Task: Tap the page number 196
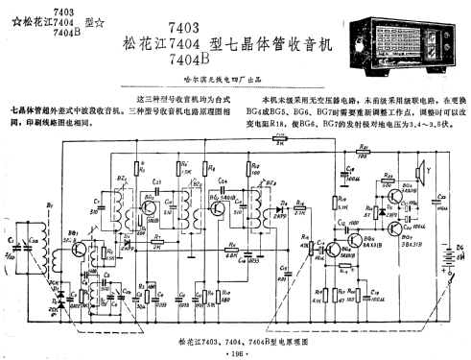click(x=234, y=353)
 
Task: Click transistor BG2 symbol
click(x=151, y=205)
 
